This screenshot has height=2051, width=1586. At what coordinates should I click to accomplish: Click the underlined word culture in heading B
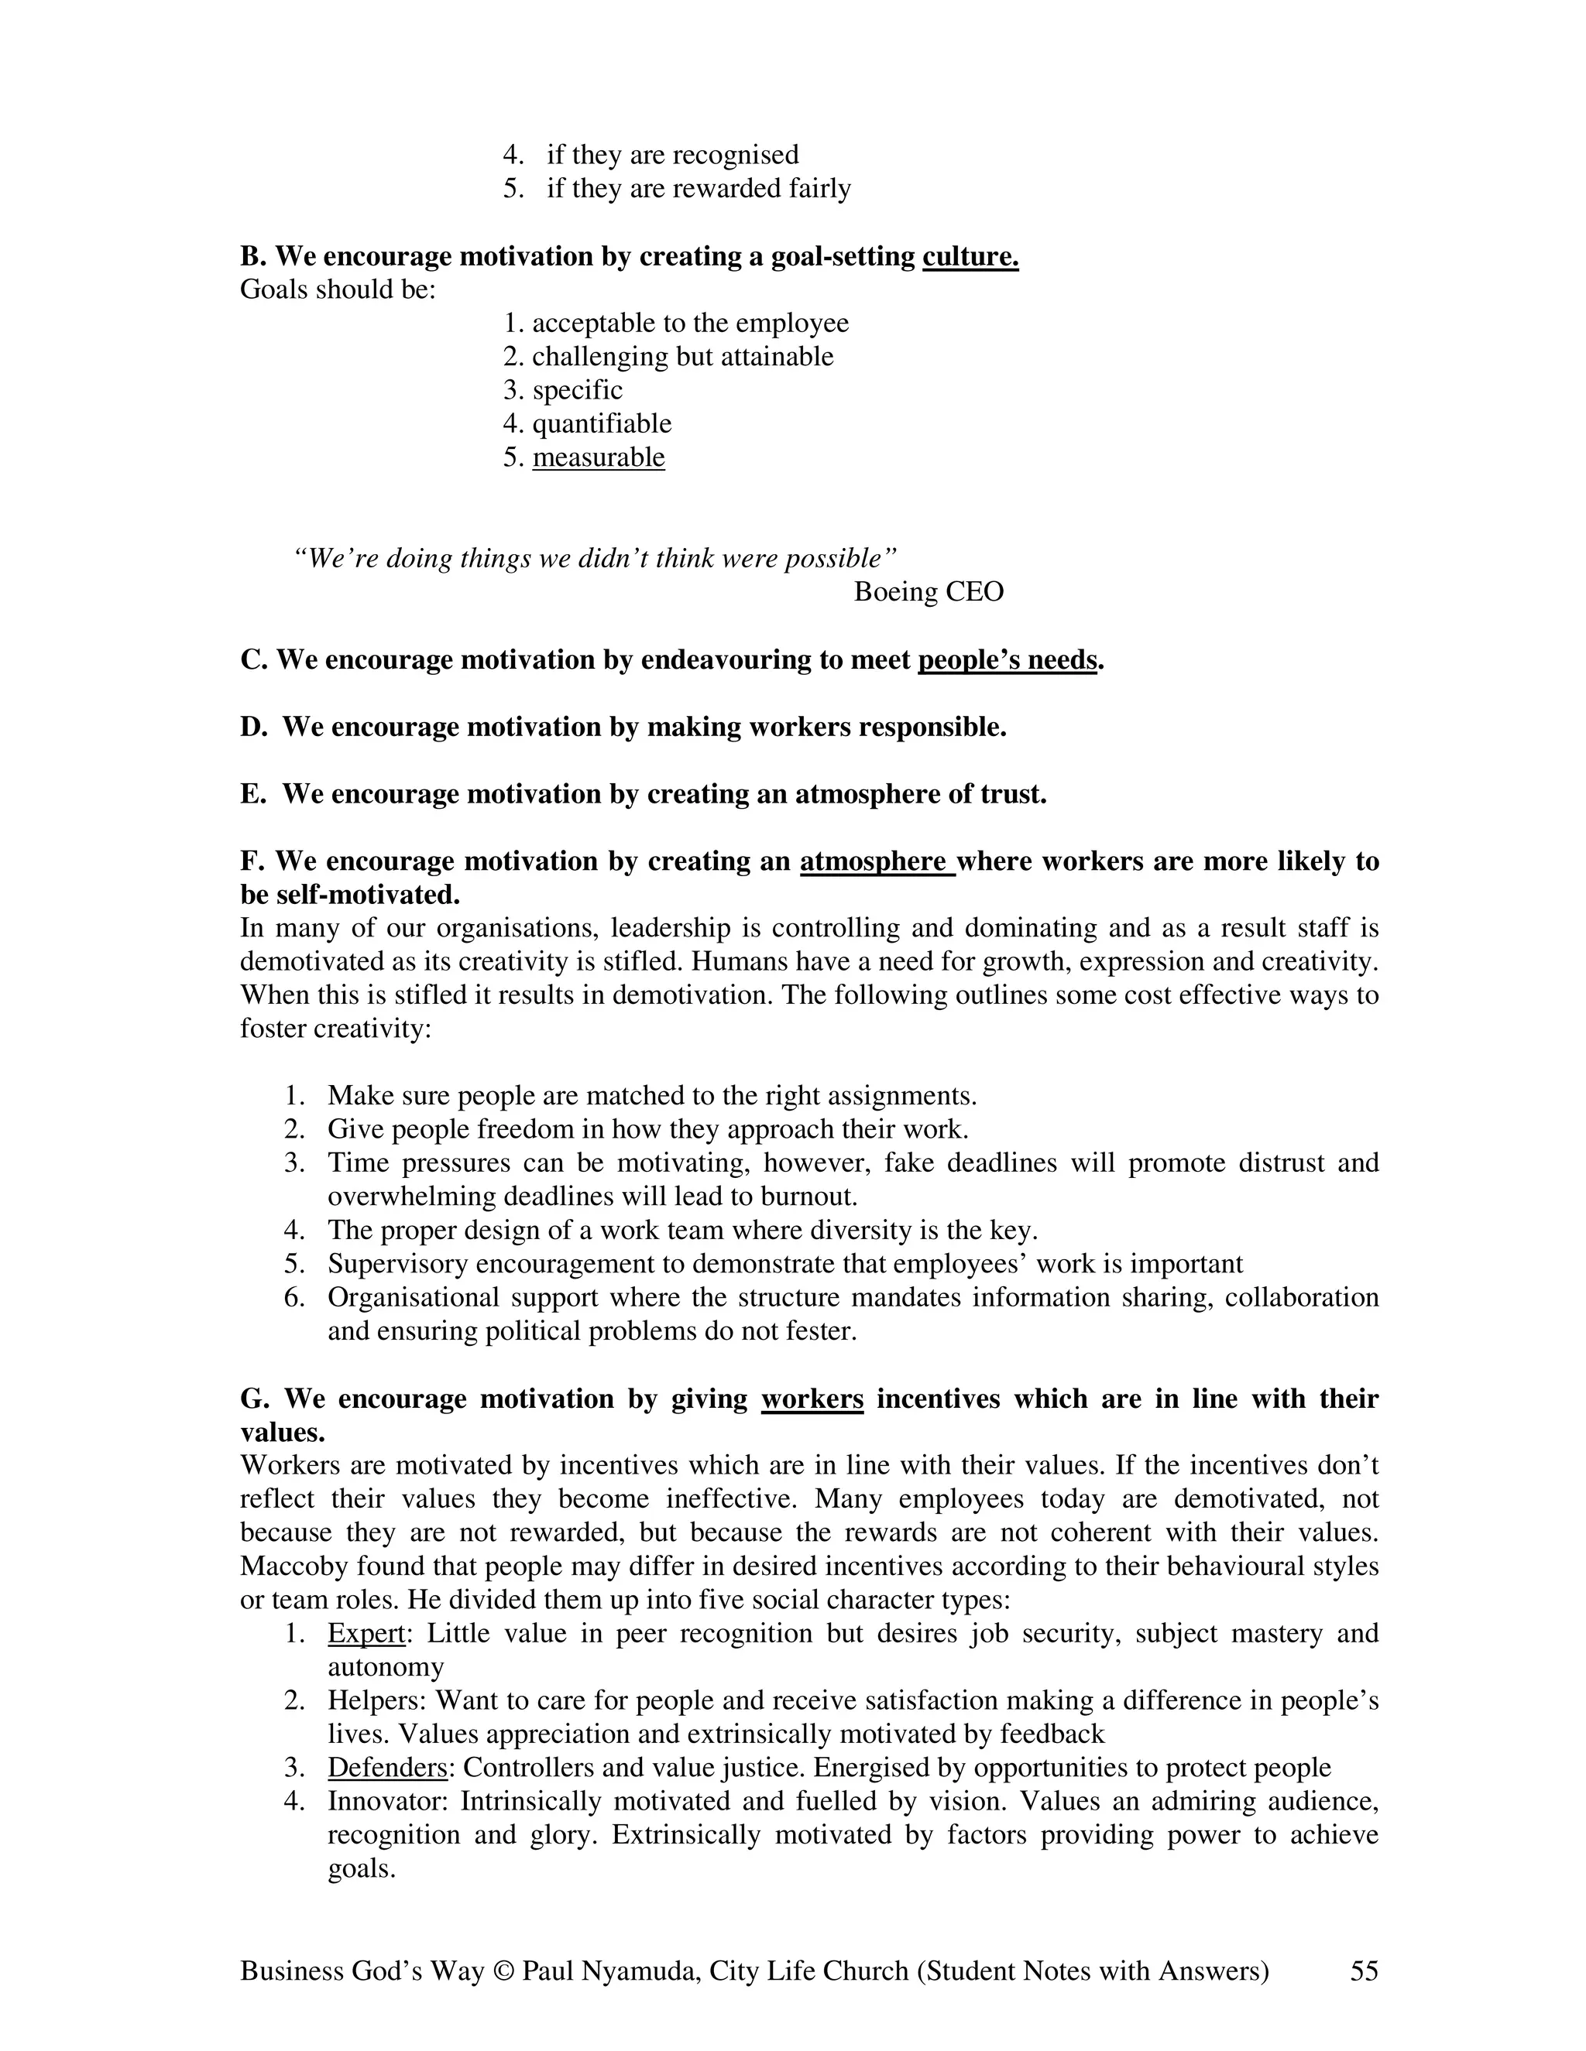pos(970,256)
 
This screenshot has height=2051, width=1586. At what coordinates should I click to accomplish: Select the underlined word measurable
pos(599,457)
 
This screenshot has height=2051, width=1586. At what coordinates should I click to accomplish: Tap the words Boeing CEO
pos(929,591)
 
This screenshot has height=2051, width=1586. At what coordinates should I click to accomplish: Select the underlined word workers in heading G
pos(812,1399)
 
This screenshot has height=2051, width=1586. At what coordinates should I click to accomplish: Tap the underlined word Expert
pos(366,1633)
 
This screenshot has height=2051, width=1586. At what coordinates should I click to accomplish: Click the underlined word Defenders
pos(387,1768)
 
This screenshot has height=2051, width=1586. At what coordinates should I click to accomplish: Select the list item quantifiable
pos(601,423)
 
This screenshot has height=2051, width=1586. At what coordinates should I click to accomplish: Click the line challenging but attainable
pos(682,357)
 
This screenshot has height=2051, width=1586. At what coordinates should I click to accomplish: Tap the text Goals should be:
pos(338,289)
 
